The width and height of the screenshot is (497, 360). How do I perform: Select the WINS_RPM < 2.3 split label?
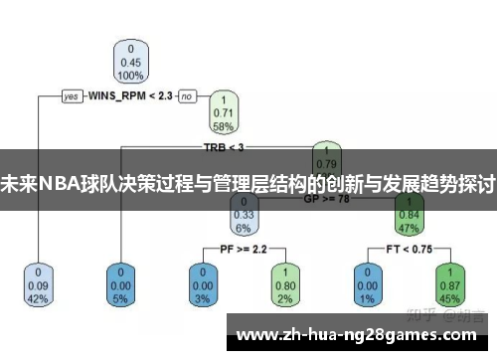click(x=130, y=96)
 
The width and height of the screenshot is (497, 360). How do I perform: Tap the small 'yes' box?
click(x=71, y=96)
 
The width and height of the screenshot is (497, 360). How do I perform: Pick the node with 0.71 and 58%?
click(x=224, y=113)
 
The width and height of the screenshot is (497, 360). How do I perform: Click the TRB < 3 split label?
click(x=224, y=147)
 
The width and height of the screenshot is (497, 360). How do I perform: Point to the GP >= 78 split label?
click(x=326, y=198)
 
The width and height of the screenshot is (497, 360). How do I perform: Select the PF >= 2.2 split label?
click(x=242, y=247)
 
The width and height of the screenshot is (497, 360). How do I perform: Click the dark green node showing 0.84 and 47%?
click(x=409, y=213)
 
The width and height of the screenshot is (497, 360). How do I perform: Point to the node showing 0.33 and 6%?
click(x=243, y=213)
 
